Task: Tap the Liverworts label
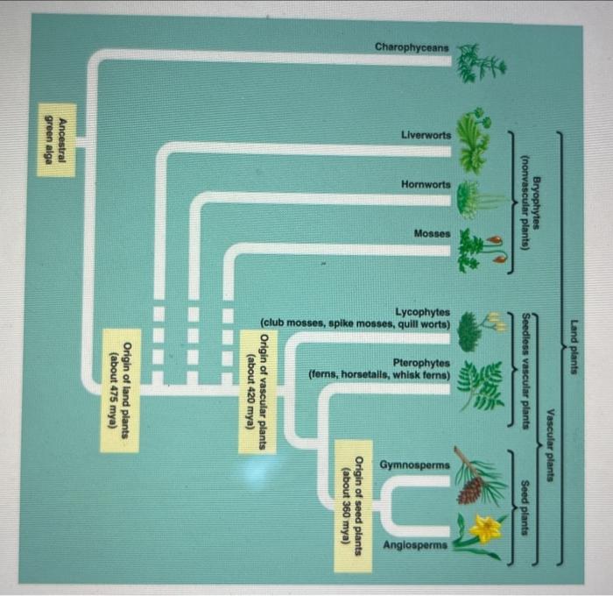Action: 426,135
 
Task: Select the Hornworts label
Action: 426,184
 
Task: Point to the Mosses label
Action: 432,234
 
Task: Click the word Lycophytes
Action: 423,312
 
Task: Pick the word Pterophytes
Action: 421,362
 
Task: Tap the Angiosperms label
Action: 415,544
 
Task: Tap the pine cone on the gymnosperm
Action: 471,490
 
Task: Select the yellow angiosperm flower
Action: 484,529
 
